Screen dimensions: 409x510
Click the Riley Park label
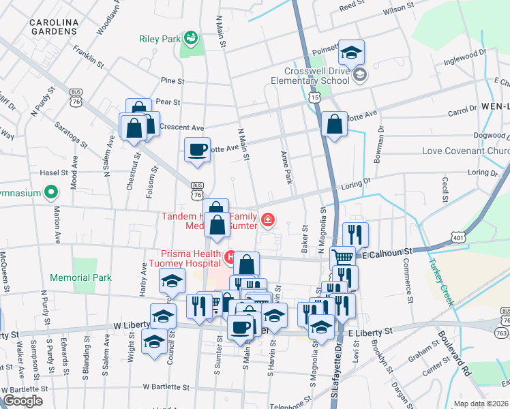coord(159,39)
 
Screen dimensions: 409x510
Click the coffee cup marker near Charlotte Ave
coord(197,150)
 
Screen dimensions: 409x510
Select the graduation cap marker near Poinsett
coord(351,52)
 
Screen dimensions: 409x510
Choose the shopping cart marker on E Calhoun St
coord(343,258)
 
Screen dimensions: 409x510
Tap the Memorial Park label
coord(85,278)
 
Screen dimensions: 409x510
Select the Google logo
coord(22,401)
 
